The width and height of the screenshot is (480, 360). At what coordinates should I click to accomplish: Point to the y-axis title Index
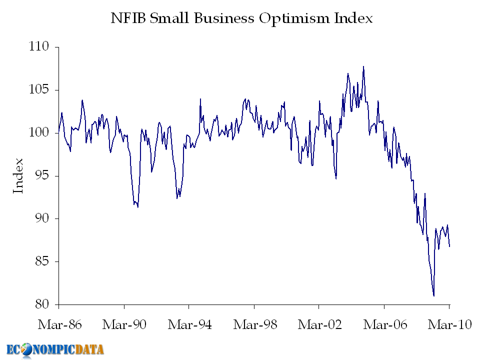pos(18,175)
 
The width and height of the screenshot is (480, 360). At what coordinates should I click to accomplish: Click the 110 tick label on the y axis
pos(39,47)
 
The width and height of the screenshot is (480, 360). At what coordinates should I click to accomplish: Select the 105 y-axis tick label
pos(39,90)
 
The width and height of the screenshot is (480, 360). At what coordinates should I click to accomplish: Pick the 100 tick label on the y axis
pos(39,133)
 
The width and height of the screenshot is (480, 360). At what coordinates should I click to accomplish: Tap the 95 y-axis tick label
pos(42,176)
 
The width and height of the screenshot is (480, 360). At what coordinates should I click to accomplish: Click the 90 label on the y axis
pos(42,219)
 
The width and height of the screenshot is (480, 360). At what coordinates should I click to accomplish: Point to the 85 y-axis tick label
pos(42,261)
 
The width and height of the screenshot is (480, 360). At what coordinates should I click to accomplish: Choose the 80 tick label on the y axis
pos(42,304)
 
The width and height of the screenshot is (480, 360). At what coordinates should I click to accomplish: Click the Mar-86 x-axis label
pos(59,324)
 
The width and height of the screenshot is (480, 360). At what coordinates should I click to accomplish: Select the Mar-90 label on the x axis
pos(124,324)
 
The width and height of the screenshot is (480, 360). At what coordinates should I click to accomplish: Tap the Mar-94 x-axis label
pos(189,324)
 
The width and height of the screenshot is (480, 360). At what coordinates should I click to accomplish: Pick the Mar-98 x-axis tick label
pos(254,324)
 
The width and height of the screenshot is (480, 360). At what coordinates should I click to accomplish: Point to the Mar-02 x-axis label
pos(319,324)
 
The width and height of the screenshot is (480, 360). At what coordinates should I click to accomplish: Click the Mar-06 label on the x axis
pos(384,324)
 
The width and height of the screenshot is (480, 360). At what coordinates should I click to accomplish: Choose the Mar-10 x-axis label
pos(449,324)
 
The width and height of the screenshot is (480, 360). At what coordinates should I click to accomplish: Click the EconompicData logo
pos(55,349)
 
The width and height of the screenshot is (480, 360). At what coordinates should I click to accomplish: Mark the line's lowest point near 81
pos(433,295)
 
